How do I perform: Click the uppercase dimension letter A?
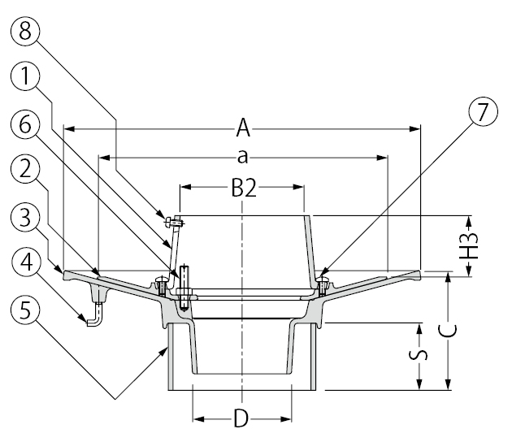click(x=242, y=128)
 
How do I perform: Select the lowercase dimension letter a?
click(x=242, y=156)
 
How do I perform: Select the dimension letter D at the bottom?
click(x=241, y=420)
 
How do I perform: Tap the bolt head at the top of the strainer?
click(x=172, y=221)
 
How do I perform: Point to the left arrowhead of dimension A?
click(x=67, y=128)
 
